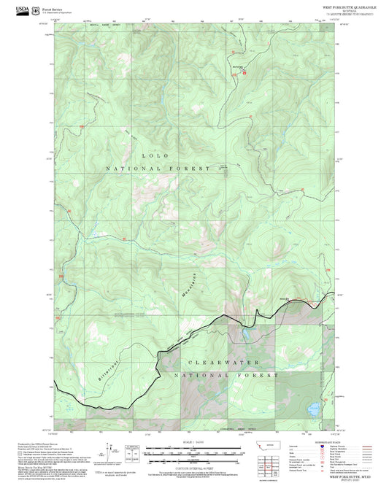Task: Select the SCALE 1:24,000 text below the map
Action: [195, 441]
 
